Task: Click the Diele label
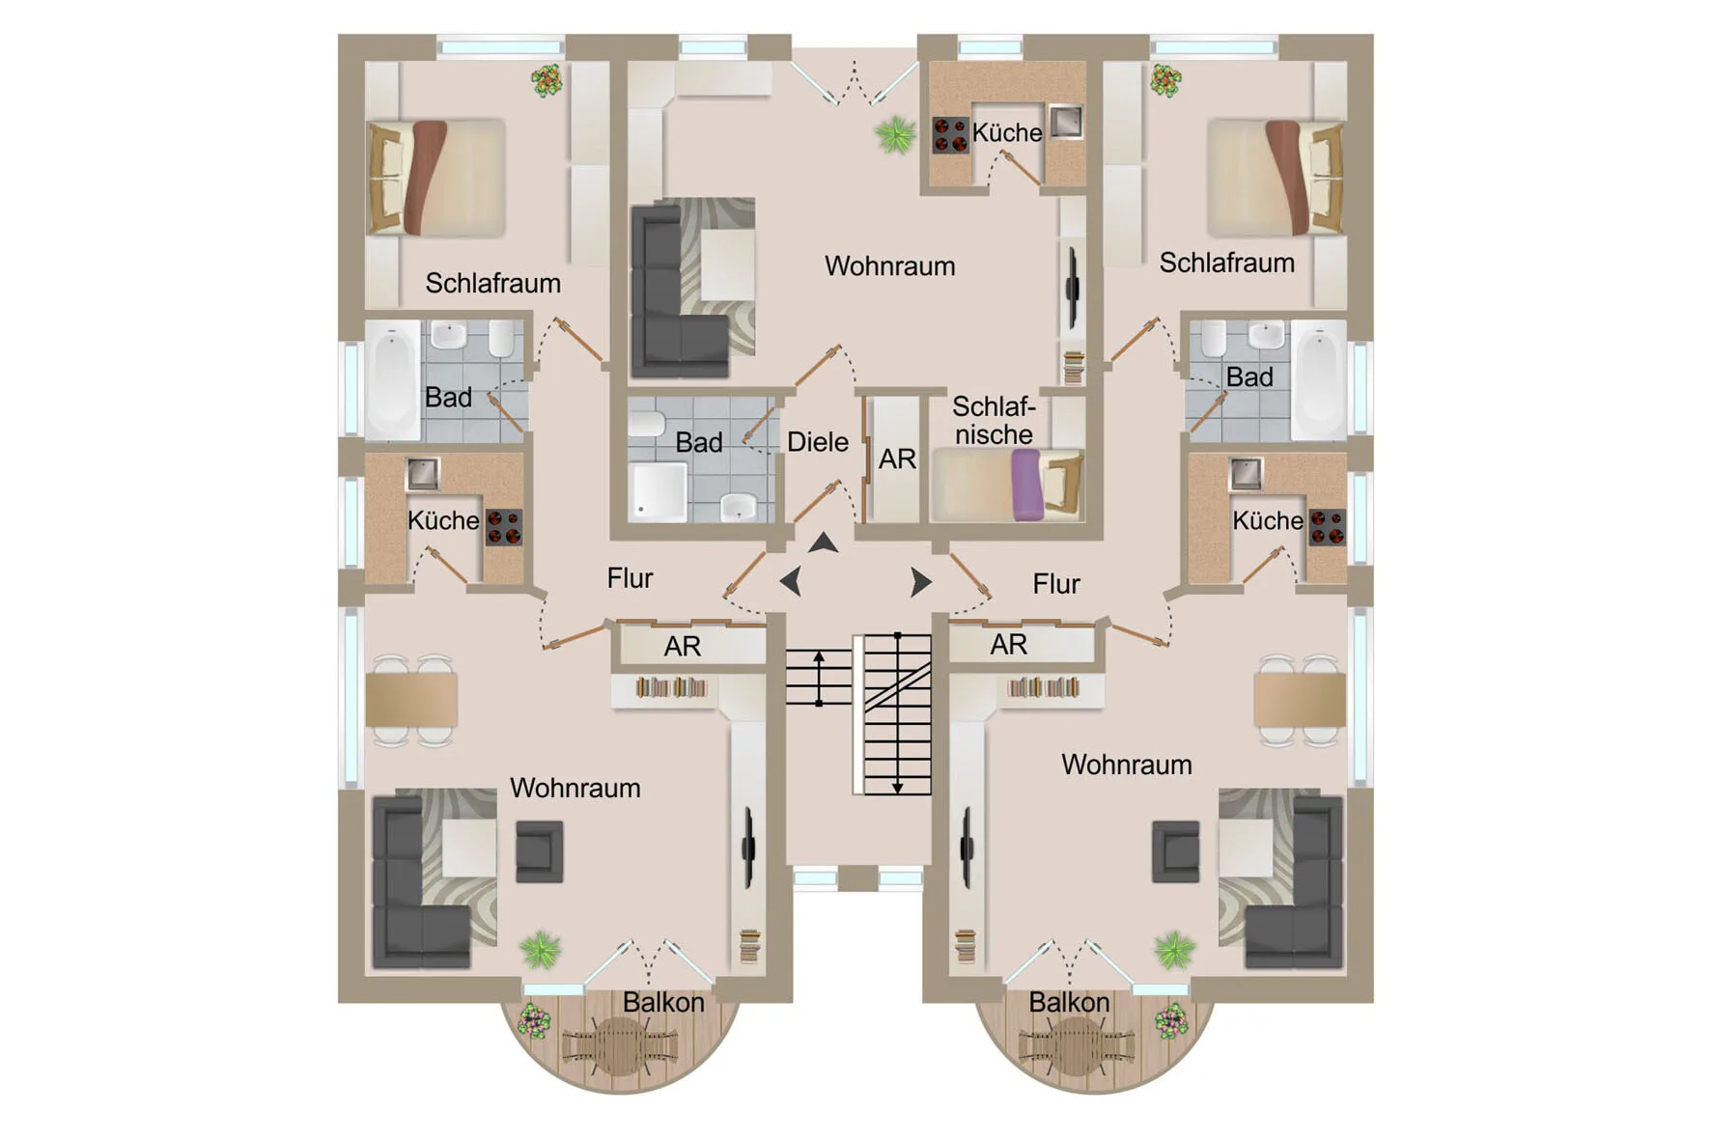tap(818, 442)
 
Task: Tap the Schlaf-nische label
tap(994, 420)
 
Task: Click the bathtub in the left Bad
tap(392, 380)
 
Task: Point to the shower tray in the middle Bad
tap(659, 492)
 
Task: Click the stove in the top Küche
tap(950, 135)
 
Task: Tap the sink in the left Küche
tap(422, 473)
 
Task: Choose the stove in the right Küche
tap(1328, 527)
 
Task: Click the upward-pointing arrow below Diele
tap(823, 542)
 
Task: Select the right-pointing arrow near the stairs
tap(921, 582)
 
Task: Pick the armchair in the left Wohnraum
tap(539, 851)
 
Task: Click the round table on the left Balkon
tap(619, 1045)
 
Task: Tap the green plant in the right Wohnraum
tap(1174, 950)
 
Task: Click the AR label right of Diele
tap(897, 459)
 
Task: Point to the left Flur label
tap(630, 578)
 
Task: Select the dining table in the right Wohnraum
tap(1300, 700)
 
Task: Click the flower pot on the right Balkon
tap(1171, 1021)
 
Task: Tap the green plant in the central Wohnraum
tap(895, 134)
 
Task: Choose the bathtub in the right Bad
tap(1319, 380)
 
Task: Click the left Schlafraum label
tap(492, 283)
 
